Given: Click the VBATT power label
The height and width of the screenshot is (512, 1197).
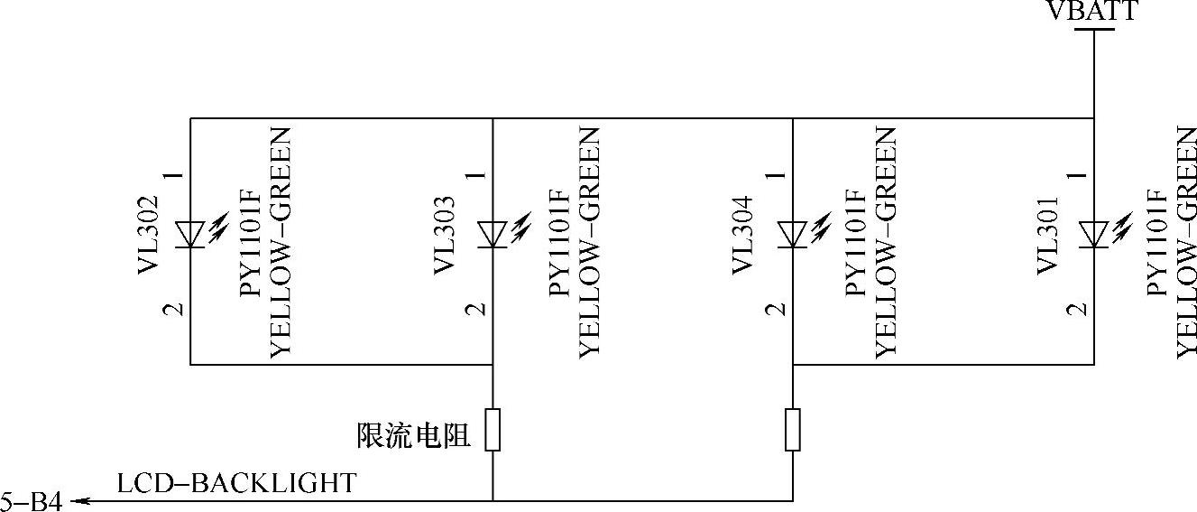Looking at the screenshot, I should click(1092, 11).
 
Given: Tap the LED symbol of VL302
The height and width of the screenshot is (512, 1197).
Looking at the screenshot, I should click(190, 234).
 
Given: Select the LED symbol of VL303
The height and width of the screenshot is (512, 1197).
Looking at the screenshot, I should click(493, 234).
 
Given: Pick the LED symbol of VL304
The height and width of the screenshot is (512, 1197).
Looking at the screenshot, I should click(792, 234).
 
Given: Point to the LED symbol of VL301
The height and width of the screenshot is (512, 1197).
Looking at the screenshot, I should click(1093, 234).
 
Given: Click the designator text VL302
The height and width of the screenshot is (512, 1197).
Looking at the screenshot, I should click(149, 234).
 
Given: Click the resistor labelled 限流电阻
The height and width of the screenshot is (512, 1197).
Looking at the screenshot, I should click(493, 430).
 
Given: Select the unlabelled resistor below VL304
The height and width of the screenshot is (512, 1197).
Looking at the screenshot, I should click(792, 430).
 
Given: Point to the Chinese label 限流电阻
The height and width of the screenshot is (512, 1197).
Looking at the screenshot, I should click(414, 436).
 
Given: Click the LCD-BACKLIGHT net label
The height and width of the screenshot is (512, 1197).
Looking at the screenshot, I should click(236, 483).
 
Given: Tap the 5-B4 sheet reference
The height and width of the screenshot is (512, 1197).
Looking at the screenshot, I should click(32, 502).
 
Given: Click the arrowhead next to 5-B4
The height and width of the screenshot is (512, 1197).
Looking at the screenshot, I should click(76, 501).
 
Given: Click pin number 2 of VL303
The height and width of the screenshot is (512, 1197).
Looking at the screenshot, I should click(475, 309).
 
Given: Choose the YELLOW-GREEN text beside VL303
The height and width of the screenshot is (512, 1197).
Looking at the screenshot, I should click(589, 242).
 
